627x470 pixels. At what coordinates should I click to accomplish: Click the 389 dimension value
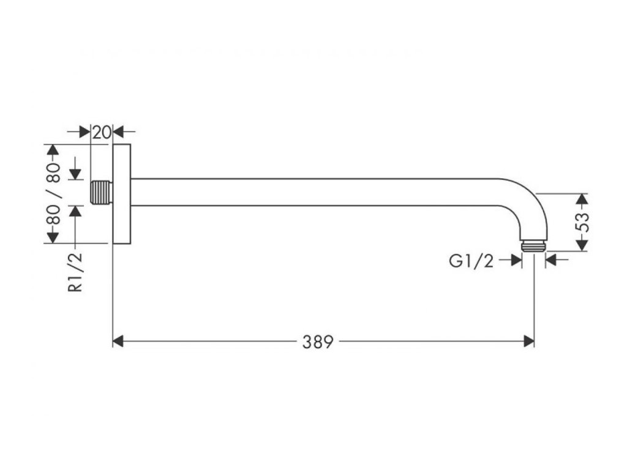318,341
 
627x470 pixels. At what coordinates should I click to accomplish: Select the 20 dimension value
102,131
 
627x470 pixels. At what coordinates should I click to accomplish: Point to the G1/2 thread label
471,261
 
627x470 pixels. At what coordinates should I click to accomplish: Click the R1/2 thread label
75,273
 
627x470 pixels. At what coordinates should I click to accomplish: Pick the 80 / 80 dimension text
53,193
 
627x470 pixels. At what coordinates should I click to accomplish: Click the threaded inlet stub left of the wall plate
101,193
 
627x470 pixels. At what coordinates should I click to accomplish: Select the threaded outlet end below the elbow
533,245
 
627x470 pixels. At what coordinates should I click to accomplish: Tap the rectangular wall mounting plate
122,193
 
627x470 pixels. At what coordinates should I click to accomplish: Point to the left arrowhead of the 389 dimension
118,341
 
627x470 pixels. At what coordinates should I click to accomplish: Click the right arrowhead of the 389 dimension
529,341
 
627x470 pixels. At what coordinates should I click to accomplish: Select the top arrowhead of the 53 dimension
582,199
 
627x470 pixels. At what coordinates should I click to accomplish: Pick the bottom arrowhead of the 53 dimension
582,245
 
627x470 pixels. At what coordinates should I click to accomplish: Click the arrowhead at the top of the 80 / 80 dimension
53,150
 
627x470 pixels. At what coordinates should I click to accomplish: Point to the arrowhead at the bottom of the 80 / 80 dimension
53,237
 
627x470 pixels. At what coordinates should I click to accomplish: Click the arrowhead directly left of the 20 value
86,131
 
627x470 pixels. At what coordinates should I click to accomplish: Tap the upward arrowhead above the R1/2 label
75,211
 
